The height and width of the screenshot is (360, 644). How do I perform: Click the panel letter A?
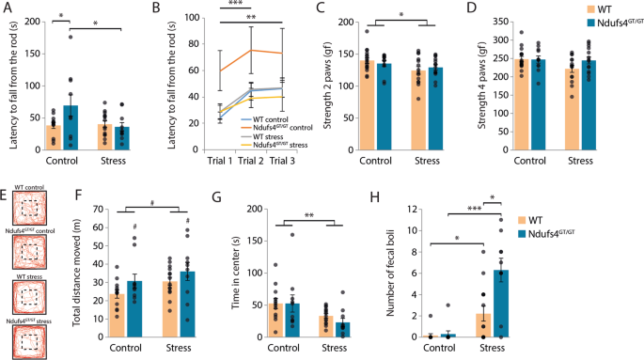[x=7, y=8]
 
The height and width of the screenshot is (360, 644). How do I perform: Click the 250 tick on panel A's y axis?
[x=26, y=19]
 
